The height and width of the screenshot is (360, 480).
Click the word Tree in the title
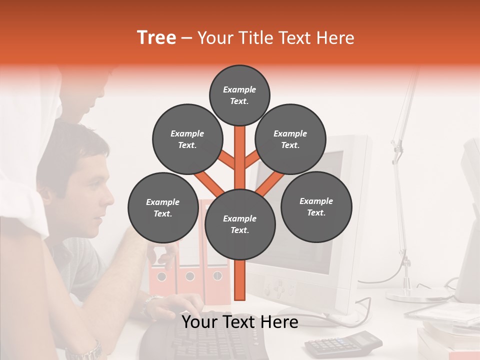tap(156, 38)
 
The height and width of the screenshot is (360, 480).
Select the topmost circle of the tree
tap(239, 95)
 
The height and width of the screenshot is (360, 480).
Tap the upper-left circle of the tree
tap(187, 139)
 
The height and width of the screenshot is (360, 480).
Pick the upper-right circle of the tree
tap(290, 139)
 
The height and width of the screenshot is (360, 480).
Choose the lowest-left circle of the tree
tap(163, 208)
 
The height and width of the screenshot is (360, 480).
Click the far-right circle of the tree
tap(316, 207)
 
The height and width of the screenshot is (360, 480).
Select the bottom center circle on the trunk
tap(240, 224)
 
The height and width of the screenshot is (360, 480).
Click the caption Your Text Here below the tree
tap(240, 322)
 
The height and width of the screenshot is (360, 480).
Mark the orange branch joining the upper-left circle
tap(227, 160)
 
